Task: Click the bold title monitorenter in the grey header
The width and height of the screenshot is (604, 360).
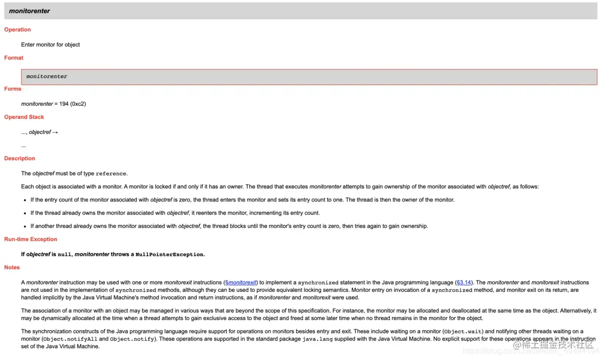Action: pos(30,11)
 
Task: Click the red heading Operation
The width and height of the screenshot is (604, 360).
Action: pos(18,30)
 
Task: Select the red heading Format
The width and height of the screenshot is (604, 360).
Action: pos(14,58)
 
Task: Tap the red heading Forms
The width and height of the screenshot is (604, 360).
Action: pos(13,89)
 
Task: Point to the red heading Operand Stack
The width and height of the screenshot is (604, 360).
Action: pos(24,117)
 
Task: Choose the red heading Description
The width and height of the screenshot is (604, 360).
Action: pos(20,158)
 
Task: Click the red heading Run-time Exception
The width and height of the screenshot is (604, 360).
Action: pos(31,239)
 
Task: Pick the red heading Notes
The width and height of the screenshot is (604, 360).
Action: pos(12,267)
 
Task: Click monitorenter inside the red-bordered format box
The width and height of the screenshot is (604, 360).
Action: pos(47,77)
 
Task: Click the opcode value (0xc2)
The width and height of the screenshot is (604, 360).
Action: pos(78,104)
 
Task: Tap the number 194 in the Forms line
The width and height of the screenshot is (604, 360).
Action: pos(64,104)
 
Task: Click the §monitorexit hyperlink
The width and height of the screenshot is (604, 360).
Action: pos(241,282)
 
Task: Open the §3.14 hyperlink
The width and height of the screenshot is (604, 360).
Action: pos(464,282)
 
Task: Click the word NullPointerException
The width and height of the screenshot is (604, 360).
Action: pos(170,255)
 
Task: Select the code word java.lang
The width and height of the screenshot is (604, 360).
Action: pos(317,339)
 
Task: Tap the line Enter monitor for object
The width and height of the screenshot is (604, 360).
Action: pos(50,45)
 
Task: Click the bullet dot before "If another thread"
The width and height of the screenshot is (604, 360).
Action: pos(25,226)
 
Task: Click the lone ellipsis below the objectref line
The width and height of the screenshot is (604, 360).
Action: pos(24,146)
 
